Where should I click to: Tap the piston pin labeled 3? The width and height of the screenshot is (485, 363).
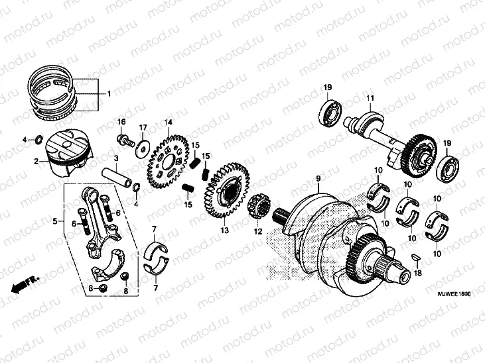pyautogui.click(x=119, y=180)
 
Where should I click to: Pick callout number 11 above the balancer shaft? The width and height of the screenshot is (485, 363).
pyautogui.click(x=370, y=99)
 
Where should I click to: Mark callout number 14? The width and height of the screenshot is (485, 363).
pyautogui.click(x=169, y=122)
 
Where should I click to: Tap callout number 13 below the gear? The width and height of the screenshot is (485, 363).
pyautogui.click(x=224, y=231)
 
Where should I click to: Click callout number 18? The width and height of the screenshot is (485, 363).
pyautogui.click(x=417, y=273)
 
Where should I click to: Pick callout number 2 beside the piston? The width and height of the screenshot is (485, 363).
pyautogui.click(x=36, y=160)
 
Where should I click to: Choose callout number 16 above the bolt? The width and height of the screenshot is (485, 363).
pyautogui.click(x=121, y=122)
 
